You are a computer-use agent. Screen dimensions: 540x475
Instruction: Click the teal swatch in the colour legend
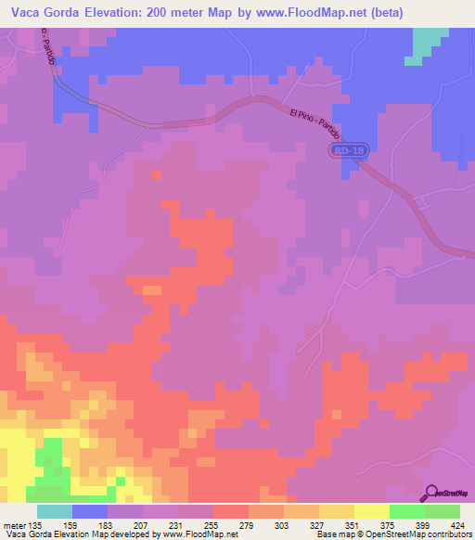pos(55,511)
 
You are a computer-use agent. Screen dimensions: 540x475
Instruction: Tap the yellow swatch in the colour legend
pos(371,511)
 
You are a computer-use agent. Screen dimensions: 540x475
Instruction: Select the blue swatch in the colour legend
pos(90,511)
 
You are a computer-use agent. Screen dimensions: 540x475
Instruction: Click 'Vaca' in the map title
pos(29,13)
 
